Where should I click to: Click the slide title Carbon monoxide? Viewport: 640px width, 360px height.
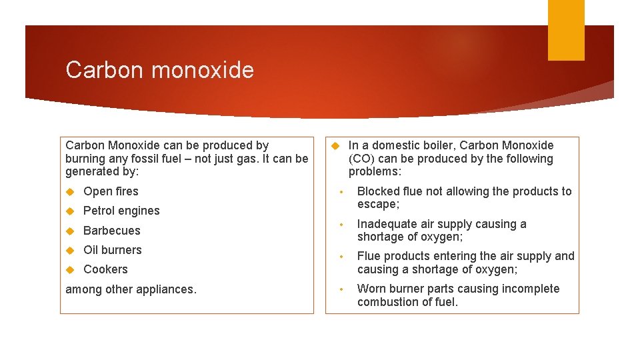159,70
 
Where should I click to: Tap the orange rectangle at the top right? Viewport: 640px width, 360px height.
566,30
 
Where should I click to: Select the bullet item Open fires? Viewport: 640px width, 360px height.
111,192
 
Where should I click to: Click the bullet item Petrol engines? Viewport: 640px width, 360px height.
121,211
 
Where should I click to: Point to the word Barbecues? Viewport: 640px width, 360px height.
112,231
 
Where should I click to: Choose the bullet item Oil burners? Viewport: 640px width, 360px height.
113,250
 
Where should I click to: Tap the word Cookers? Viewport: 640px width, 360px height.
105,269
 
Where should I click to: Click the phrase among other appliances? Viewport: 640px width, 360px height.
131,289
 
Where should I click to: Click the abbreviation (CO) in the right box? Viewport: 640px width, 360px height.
361,159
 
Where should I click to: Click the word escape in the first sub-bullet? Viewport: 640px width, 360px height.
377,205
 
